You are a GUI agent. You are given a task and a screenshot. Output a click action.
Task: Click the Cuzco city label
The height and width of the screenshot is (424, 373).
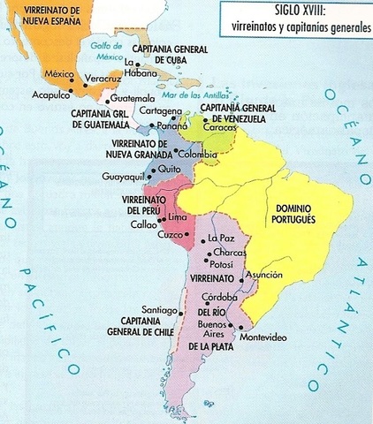coord(170,234)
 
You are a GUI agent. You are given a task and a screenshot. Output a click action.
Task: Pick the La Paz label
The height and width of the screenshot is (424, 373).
coord(221,238)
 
